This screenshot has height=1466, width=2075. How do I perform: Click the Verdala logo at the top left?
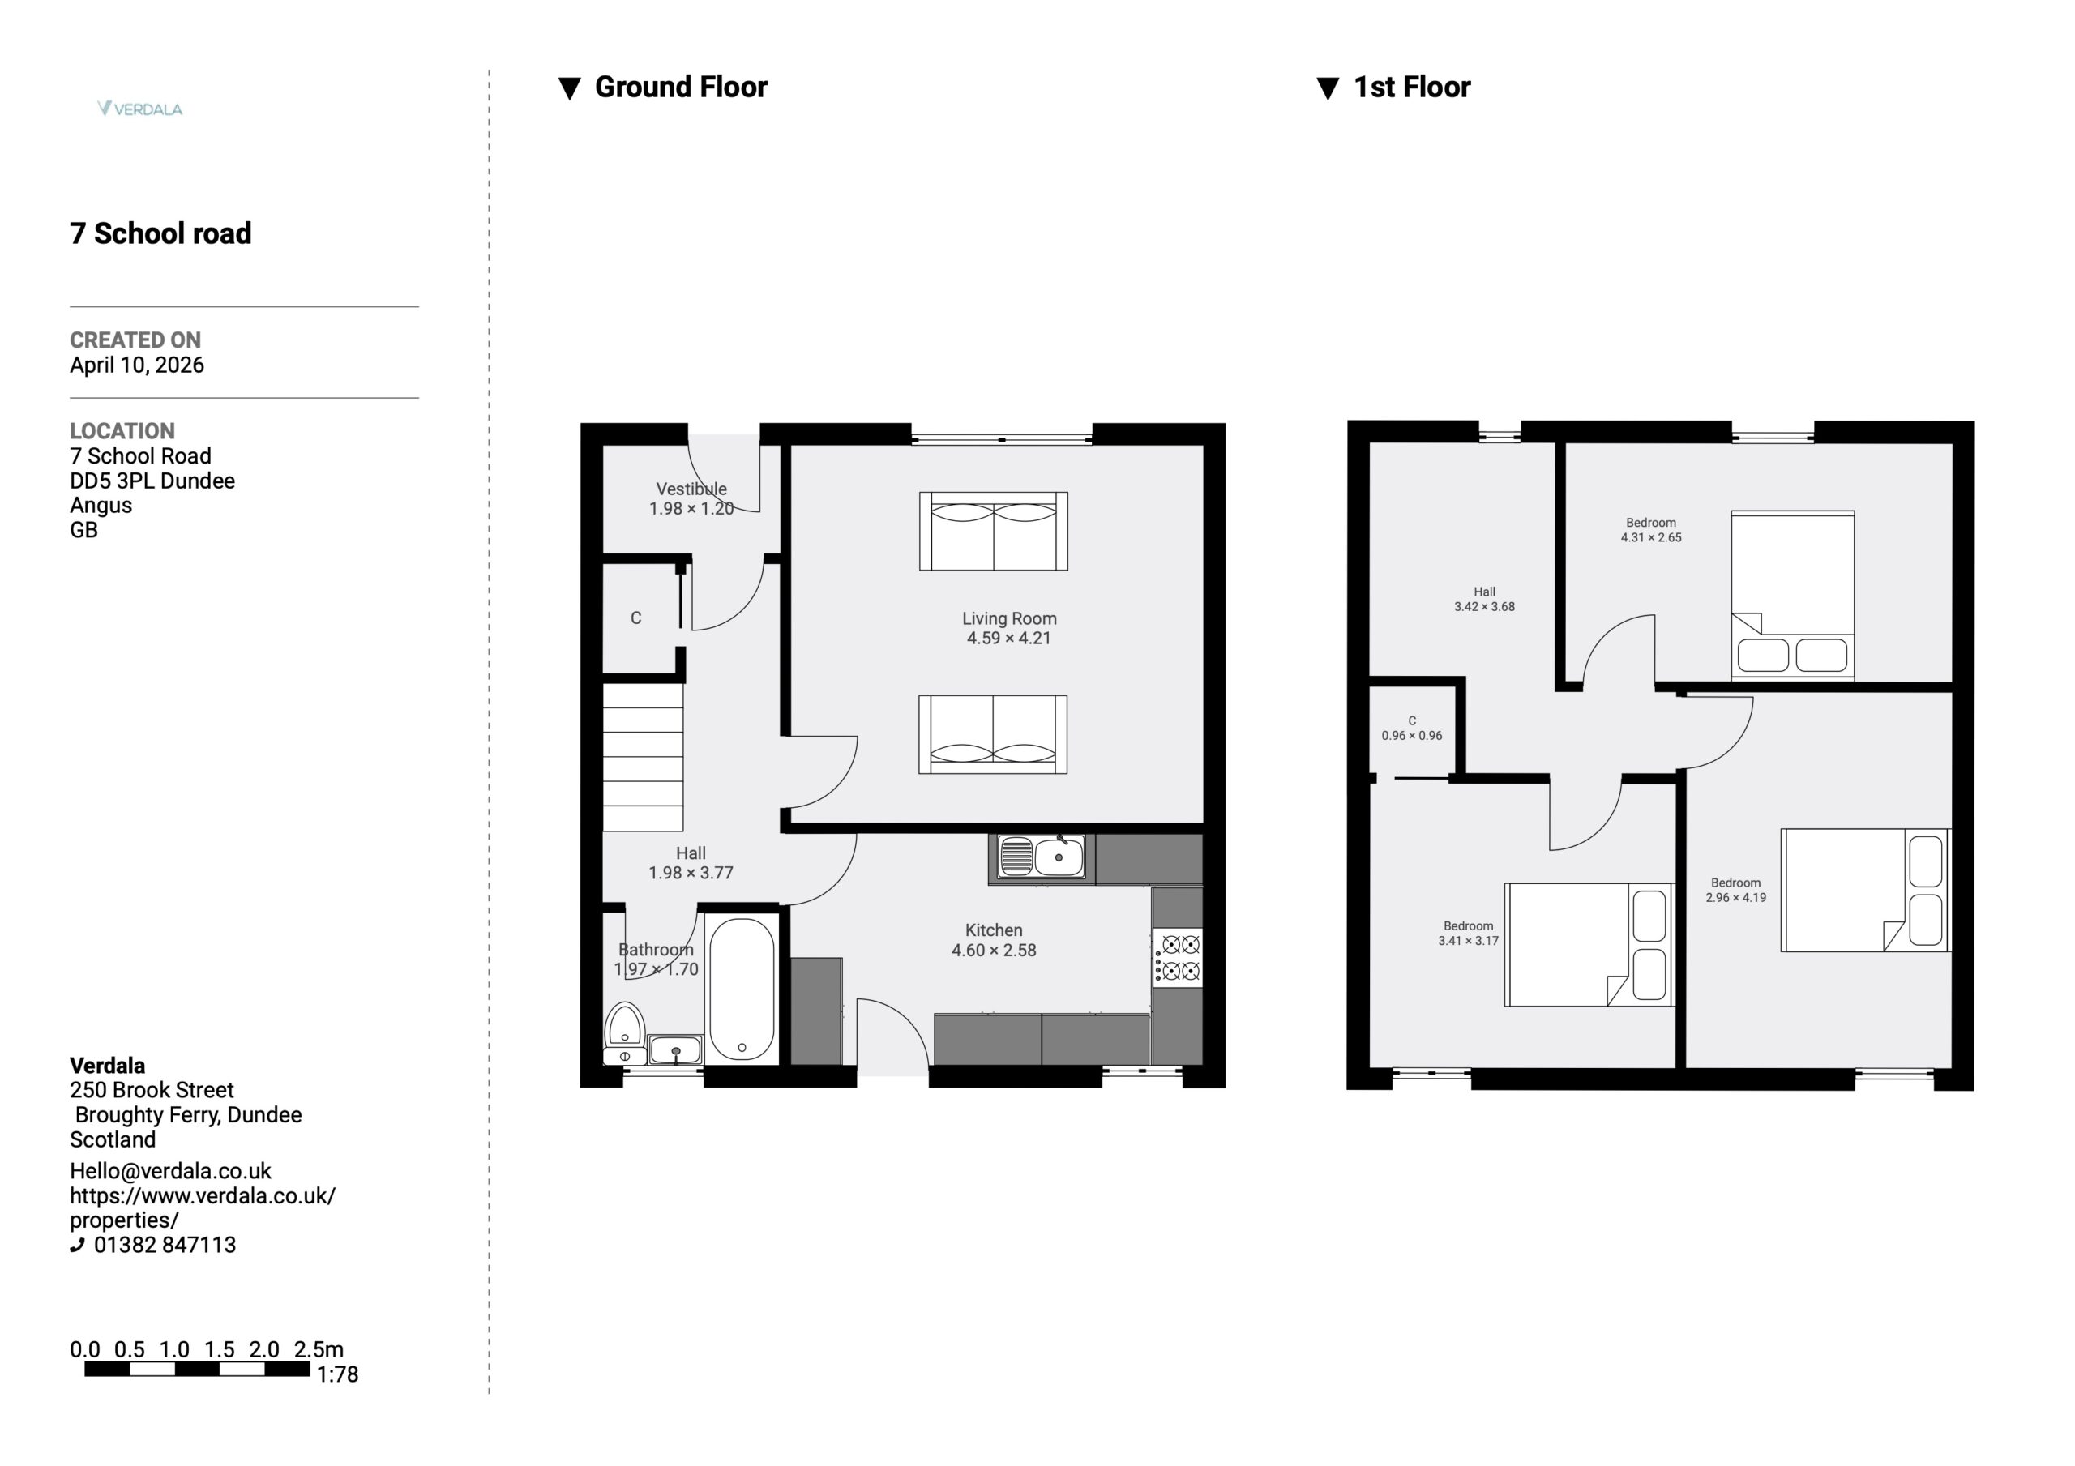[140, 109]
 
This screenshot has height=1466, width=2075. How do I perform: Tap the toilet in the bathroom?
[624, 1033]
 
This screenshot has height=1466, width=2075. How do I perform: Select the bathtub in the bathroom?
[741, 989]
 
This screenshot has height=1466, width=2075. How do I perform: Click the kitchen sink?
[1041, 856]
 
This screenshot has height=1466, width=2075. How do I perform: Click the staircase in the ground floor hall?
[643, 756]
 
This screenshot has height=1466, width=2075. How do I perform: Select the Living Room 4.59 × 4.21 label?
[1008, 628]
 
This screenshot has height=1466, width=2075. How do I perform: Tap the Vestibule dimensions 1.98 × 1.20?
[691, 509]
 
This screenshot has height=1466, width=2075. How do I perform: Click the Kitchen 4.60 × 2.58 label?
[993, 940]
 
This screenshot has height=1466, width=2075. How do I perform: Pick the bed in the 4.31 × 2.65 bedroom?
[1792, 595]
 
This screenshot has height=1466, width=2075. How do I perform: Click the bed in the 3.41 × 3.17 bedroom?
[1589, 944]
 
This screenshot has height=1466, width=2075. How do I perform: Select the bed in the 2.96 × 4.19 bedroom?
[1865, 891]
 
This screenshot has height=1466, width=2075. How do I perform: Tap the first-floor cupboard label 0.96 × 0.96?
[1412, 736]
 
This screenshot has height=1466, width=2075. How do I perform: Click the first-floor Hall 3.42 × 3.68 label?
[1484, 599]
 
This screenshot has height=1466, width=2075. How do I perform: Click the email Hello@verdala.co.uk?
[171, 1171]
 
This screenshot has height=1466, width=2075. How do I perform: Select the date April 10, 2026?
[136, 365]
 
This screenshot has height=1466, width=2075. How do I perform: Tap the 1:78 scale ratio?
[337, 1374]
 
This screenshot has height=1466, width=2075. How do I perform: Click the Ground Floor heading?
[681, 87]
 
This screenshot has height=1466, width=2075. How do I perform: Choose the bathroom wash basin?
[675, 1049]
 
